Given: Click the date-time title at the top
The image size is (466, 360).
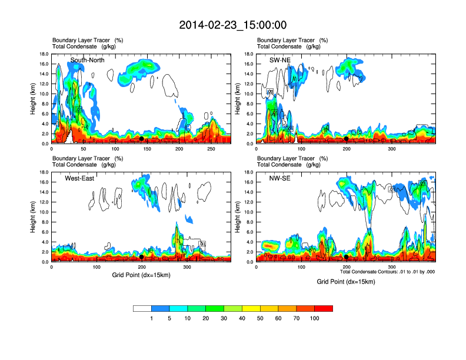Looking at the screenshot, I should pyautogui.click(x=233, y=25).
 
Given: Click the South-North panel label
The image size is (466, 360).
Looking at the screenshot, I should pyautogui.click(x=88, y=60).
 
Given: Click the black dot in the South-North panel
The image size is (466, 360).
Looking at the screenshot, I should pyautogui.click(x=141, y=139).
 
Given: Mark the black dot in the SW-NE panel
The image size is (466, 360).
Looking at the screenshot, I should pyautogui.click(x=347, y=139).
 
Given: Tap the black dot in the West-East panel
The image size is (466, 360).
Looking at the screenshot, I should pyautogui.click(x=142, y=257).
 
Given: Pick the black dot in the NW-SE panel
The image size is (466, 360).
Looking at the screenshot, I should pyautogui.click(x=347, y=257).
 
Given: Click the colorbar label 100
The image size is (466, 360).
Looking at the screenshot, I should pyautogui.click(x=315, y=318).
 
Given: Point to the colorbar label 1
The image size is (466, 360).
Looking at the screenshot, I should pyautogui.click(x=151, y=318).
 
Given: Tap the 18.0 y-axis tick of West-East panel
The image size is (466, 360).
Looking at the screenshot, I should pyautogui.click(x=43, y=172).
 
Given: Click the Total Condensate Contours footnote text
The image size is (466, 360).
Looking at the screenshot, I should pyautogui.click(x=387, y=272).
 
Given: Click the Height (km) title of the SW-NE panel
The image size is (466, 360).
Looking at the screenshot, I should pyautogui.click(x=238, y=98).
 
